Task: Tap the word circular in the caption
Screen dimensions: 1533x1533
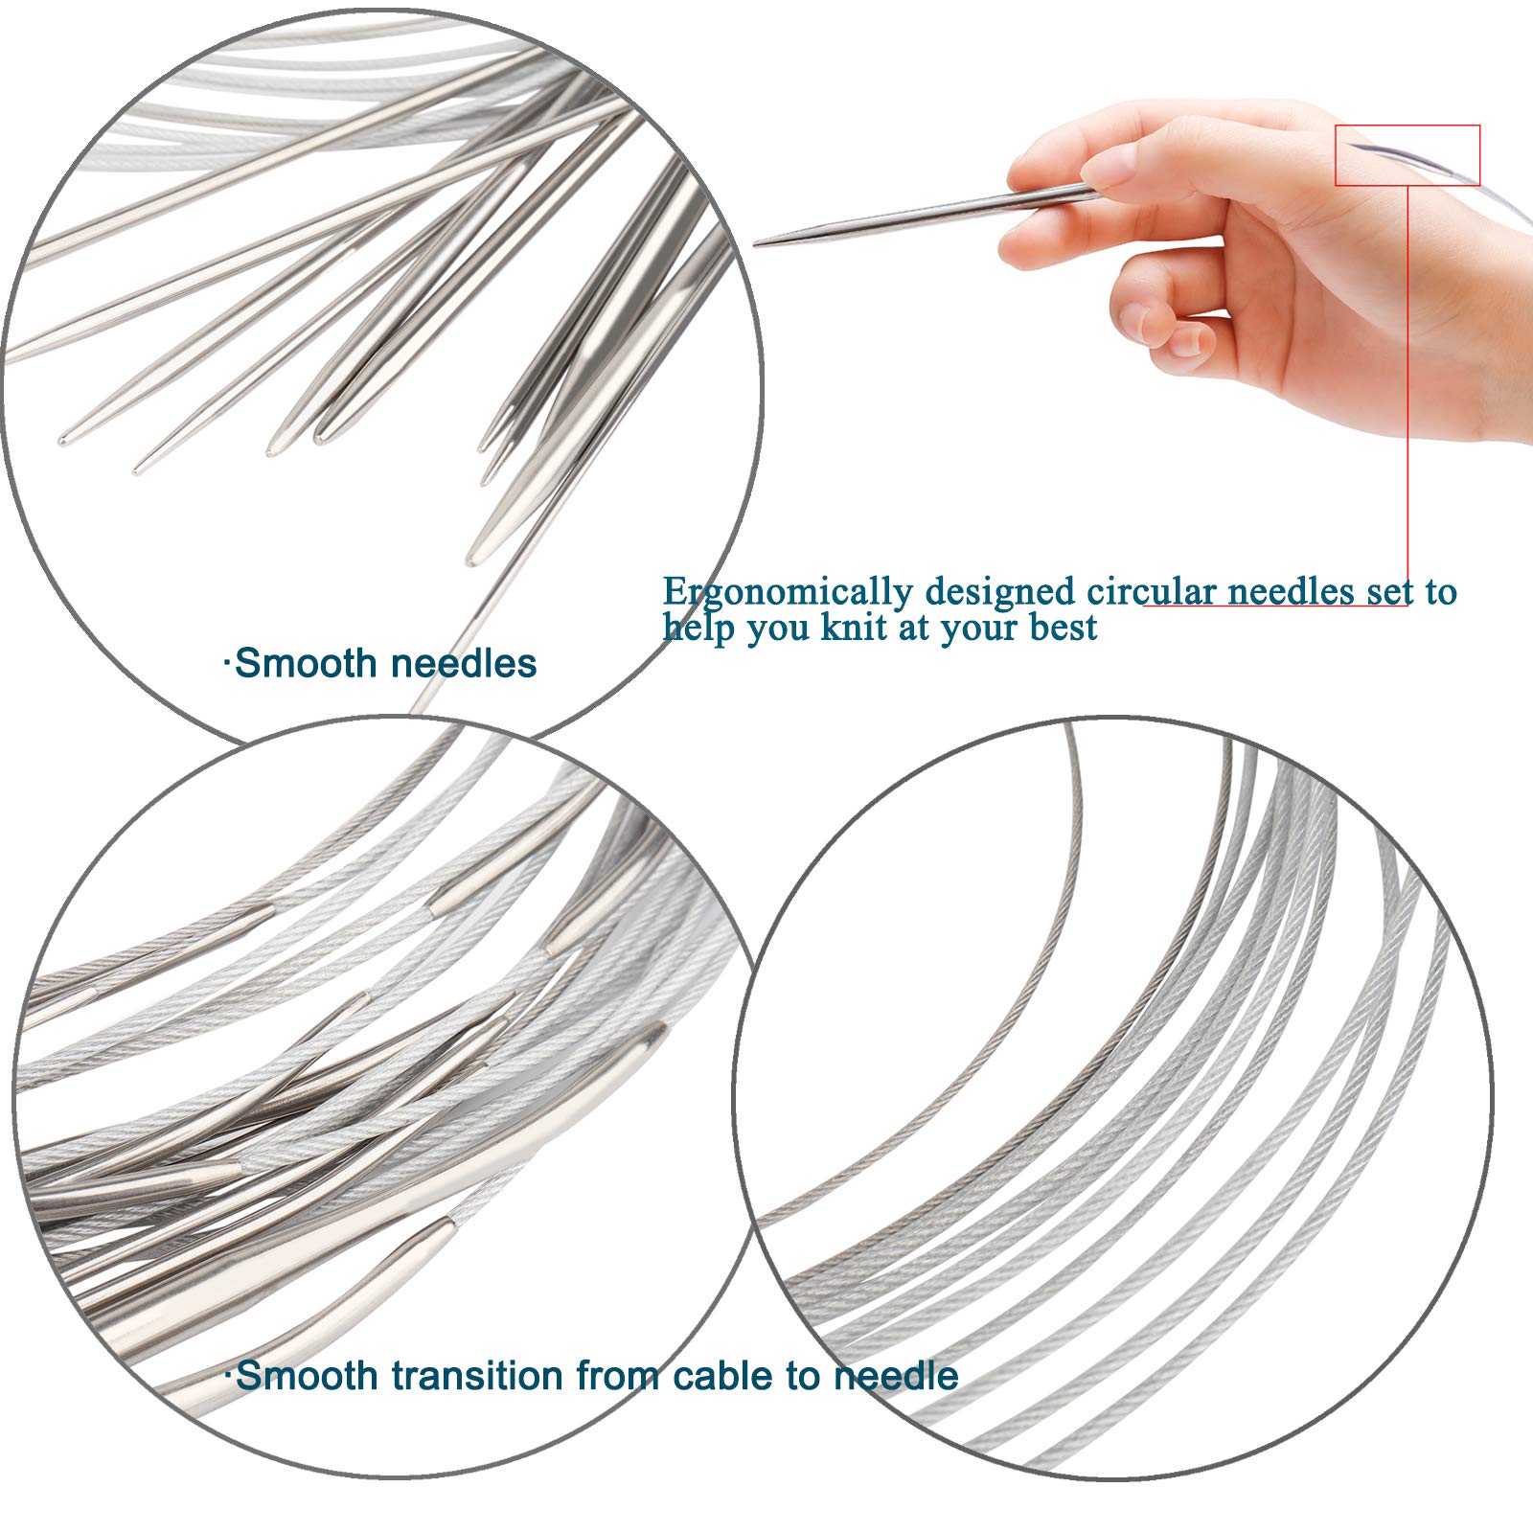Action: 1152,591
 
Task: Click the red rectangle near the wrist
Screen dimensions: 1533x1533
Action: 1407,154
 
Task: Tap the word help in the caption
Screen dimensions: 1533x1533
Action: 699,629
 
